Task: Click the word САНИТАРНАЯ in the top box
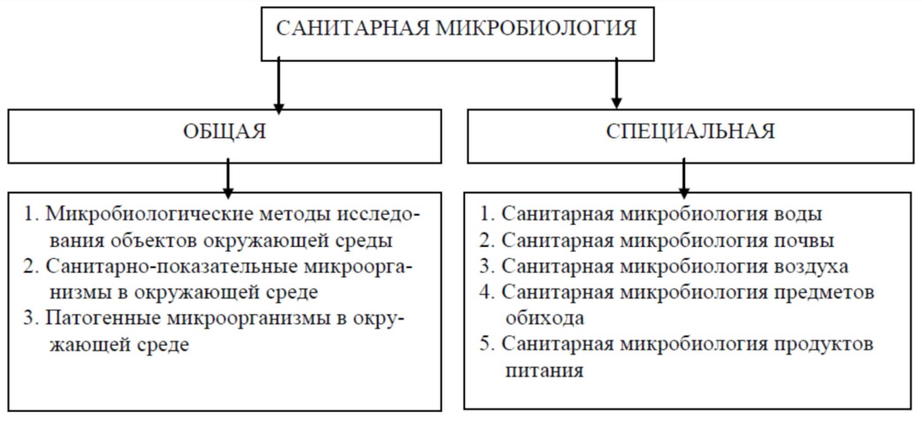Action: click(352, 29)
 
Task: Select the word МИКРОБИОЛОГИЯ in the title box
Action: click(536, 29)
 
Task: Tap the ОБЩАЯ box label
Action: click(225, 132)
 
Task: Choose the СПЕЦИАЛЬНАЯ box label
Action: click(690, 132)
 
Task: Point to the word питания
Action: click(544, 371)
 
